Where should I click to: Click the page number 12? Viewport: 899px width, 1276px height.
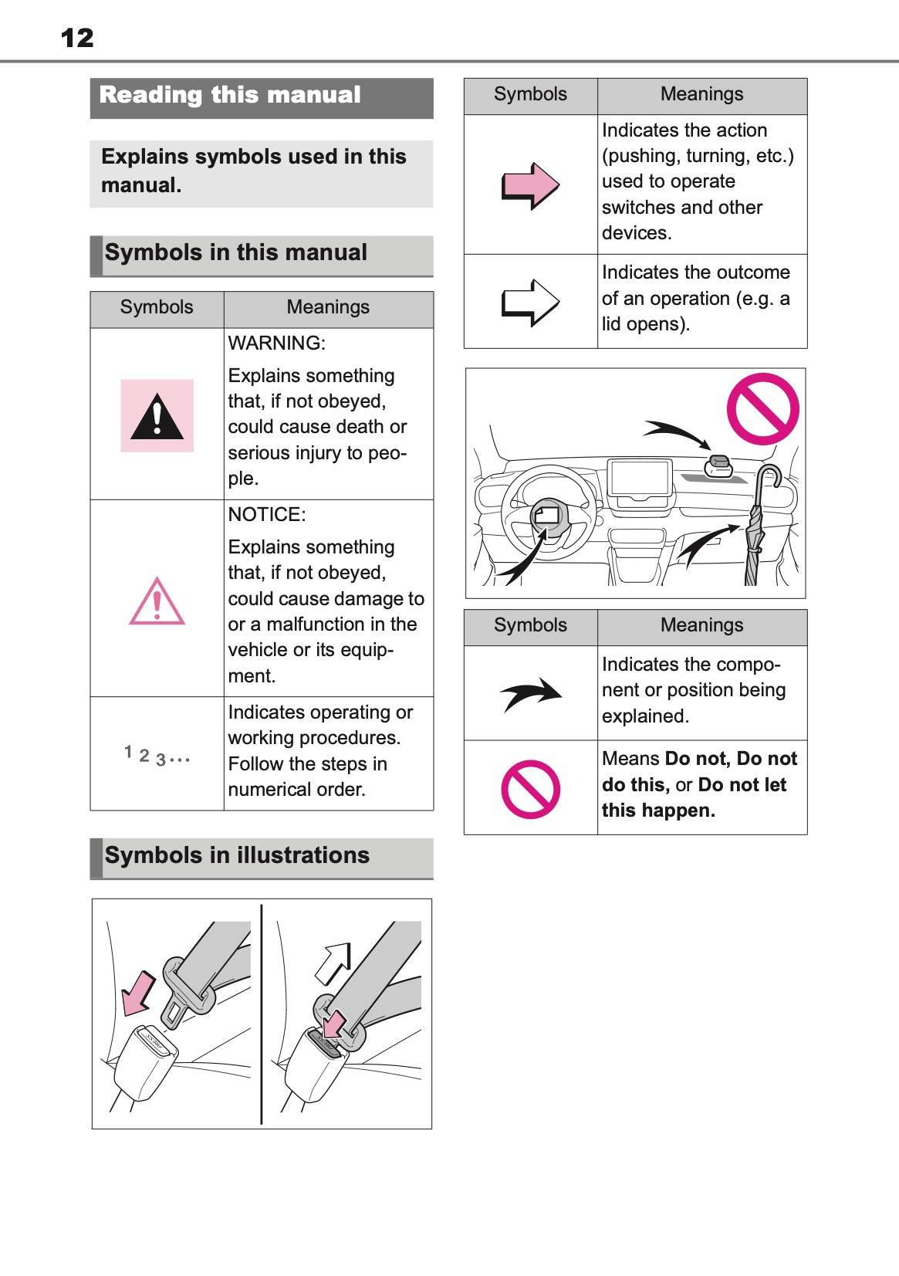77,38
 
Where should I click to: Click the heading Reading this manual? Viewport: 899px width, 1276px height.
230,95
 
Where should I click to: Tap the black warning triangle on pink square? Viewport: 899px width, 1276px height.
157,416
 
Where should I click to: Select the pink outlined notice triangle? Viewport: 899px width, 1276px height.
157,601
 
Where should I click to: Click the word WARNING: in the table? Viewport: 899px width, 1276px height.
276,344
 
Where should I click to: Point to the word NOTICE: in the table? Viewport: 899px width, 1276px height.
267,515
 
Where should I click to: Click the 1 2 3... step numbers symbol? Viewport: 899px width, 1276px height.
157,756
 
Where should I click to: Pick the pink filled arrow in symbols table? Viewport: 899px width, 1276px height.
530,185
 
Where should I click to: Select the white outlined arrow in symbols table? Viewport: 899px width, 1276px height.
530,302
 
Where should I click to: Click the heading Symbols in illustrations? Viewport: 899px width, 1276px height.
237,855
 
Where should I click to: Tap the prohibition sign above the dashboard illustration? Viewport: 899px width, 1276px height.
762,408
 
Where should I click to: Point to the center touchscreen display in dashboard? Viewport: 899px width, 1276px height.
639,478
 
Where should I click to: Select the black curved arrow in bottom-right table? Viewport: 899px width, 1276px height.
531,693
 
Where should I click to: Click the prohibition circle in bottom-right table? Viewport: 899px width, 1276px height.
530,789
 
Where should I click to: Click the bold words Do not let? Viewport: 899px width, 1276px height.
742,785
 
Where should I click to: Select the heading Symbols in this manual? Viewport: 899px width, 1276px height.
235,253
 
